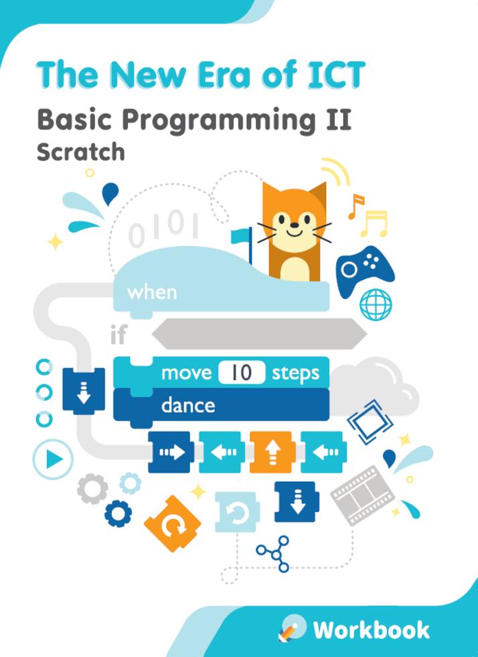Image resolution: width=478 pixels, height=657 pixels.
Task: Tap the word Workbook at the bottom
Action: tap(372, 630)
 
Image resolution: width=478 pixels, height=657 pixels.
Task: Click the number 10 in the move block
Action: tap(242, 373)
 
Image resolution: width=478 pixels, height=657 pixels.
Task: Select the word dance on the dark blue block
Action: tap(188, 405)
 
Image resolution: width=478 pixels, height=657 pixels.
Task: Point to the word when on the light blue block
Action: tap(152, 292)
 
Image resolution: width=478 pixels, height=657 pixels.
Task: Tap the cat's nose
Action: tap(295, 225)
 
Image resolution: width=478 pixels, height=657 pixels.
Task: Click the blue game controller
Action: tap(364, 270)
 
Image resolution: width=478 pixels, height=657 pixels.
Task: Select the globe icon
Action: tap(376, 304)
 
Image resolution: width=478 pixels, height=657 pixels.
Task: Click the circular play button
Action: tap(53, 459)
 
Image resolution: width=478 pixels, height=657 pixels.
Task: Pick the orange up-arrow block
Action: tap(272, 452)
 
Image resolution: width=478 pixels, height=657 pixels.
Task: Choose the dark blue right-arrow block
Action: tap(171, 452)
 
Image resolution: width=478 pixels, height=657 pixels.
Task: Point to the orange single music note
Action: tap(355, 206)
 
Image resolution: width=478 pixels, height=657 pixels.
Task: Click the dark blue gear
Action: tap(118, 514)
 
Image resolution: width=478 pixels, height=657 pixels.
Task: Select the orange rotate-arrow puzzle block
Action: tap(172, 524)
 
